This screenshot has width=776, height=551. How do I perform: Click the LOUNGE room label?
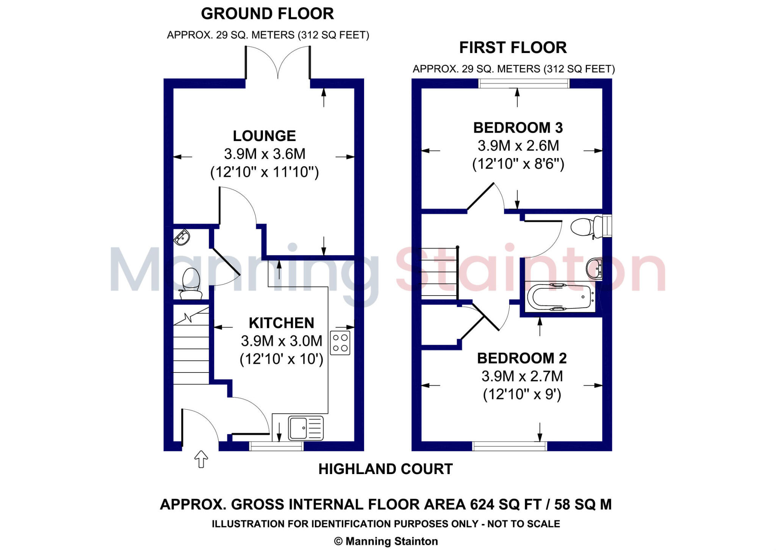(x=264, y=136)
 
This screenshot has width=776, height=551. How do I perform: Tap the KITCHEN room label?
(x=281, y=323)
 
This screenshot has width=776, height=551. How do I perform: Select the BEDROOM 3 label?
(x=518, y=128)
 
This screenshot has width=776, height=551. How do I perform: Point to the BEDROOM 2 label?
(x=522, y=358)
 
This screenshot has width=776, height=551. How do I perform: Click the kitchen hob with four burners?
(x=340, y=343)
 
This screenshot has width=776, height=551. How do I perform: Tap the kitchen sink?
(x=306, y=428)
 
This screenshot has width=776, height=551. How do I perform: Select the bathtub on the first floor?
(x=560, y=297)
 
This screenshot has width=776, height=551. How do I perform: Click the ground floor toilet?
(x=191, y=284)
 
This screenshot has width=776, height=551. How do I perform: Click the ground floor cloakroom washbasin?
(x=182, y=237)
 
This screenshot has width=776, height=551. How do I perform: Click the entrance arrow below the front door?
(x=201, y=459)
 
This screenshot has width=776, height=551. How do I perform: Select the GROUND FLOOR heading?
(x=267, y=14)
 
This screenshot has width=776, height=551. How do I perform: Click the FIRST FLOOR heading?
(x=513, y=48)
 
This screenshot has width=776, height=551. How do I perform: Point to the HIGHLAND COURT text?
(x=385, y=469)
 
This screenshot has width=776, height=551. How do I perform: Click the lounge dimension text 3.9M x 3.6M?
(x=264, y=154)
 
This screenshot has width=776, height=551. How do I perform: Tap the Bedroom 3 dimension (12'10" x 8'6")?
(x=518, y=164)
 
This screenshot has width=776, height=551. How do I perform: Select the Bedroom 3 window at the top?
(x=524, y=83)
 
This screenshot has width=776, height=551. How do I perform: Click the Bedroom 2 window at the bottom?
(x=510, y=446)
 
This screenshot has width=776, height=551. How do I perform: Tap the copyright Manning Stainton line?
(x=386, y=541)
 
